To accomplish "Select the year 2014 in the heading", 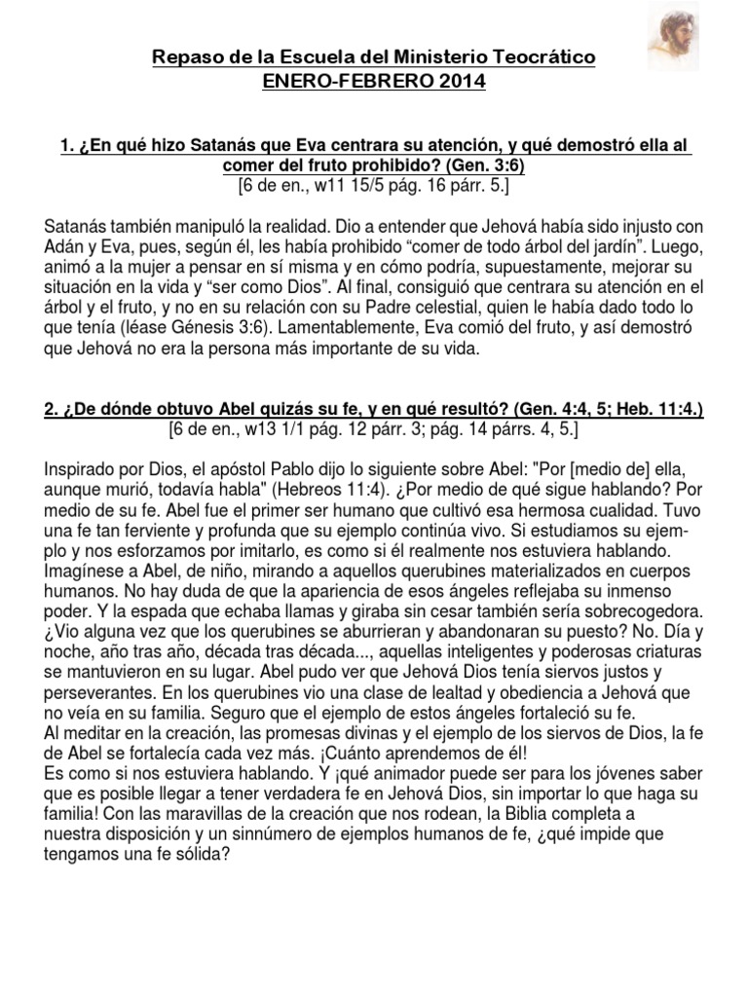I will click(459, 82).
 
